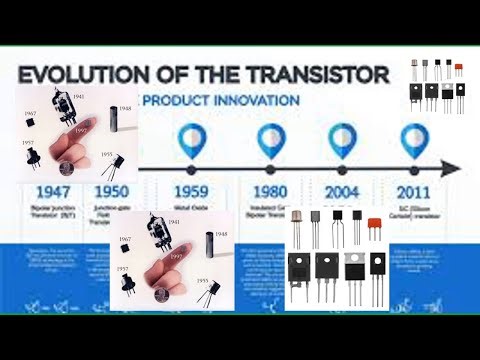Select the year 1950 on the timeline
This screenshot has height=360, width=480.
[111, 190]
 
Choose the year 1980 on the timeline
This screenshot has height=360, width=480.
[272, 190]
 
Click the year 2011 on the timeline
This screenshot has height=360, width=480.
[416, 190]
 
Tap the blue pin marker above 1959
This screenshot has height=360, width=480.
[189, 139]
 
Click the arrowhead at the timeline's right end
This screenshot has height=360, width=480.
[453, 168]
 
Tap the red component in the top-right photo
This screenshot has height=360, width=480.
[458, 67]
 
